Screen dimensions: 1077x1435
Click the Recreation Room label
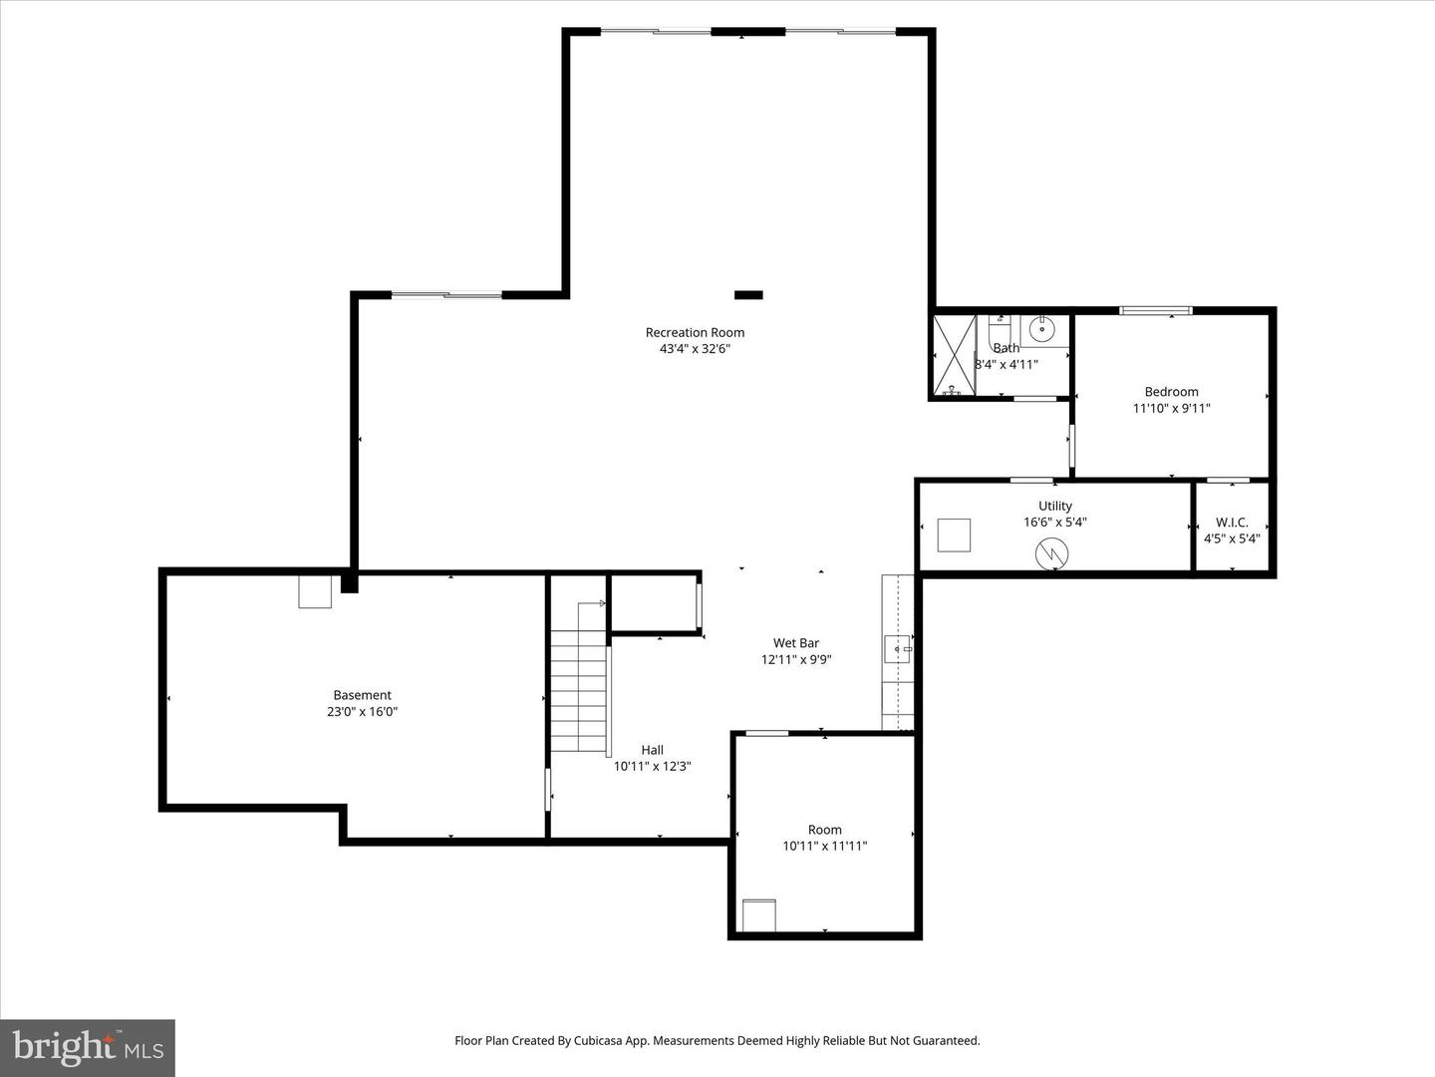pos(695,333)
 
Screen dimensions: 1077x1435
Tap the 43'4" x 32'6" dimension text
pos(695,349)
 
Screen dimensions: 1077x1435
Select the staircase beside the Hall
pos(579,678)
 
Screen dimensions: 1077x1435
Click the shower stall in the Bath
pos(953,356)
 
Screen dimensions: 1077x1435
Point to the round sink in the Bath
pos(1042,328)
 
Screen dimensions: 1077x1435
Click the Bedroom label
pos(1171,392)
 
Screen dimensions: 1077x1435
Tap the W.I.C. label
pos(1232,523)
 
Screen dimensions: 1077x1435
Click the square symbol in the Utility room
pos(955,535)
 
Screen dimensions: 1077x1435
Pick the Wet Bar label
pos(796,643)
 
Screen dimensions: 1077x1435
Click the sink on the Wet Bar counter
pos(898,649)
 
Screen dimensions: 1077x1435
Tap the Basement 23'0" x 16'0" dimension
pos(363,712)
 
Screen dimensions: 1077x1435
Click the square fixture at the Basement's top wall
pos(315,591)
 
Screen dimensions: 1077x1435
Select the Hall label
pos(653,750)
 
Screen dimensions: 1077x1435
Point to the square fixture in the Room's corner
pos(758,914)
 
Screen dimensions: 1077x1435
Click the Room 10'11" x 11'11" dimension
pos(825,846)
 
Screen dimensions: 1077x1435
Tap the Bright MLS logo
pos(88,1047)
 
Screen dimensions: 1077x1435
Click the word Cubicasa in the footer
pos(601,1040)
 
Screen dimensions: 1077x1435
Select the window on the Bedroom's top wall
pos(1156,310)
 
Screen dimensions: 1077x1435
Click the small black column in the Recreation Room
pos(748,295)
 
